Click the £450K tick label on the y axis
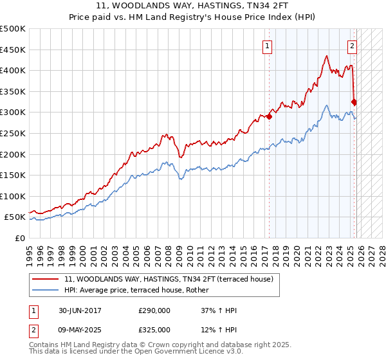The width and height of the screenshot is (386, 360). pyautogui.click(x=13, y=50)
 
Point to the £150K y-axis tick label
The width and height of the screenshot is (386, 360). pyautogui.click(x=13, y=175)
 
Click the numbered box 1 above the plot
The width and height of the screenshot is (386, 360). pyautogui.click(x=266, y=46)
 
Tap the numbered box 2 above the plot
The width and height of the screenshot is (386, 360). pyautogui.click(x=353, y=46)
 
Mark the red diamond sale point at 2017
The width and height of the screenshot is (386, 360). pyautogui.click(x=269, y=117)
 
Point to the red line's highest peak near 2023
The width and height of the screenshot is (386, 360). pyautogui.click(x=327, y=56)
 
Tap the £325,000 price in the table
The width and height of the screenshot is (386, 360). pyautogui.click(x=154, y=329)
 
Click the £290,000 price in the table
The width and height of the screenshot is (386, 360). pyautogui.click(x=154, y=310)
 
